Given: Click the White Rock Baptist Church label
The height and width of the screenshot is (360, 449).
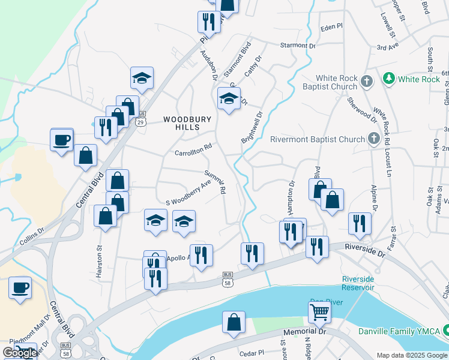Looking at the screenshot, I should pos(337,83).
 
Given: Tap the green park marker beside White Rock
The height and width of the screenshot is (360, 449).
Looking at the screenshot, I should pos(389,79).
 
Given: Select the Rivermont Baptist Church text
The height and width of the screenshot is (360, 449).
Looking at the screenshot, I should pos(318,140).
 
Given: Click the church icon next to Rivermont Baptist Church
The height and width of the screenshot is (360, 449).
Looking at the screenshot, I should pos(373,139).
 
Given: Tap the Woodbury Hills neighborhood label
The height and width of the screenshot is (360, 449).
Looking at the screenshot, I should pos(188,124).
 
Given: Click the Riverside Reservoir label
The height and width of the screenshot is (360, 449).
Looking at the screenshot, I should pos(358,283).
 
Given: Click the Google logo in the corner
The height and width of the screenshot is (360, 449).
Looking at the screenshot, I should pos(19,352).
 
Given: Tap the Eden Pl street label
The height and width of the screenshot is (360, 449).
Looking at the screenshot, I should pos(331,27).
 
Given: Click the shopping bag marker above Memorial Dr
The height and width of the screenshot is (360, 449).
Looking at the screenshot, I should pos(234,322).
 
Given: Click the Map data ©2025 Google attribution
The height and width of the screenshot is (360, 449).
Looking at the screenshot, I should pos(411,355).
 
